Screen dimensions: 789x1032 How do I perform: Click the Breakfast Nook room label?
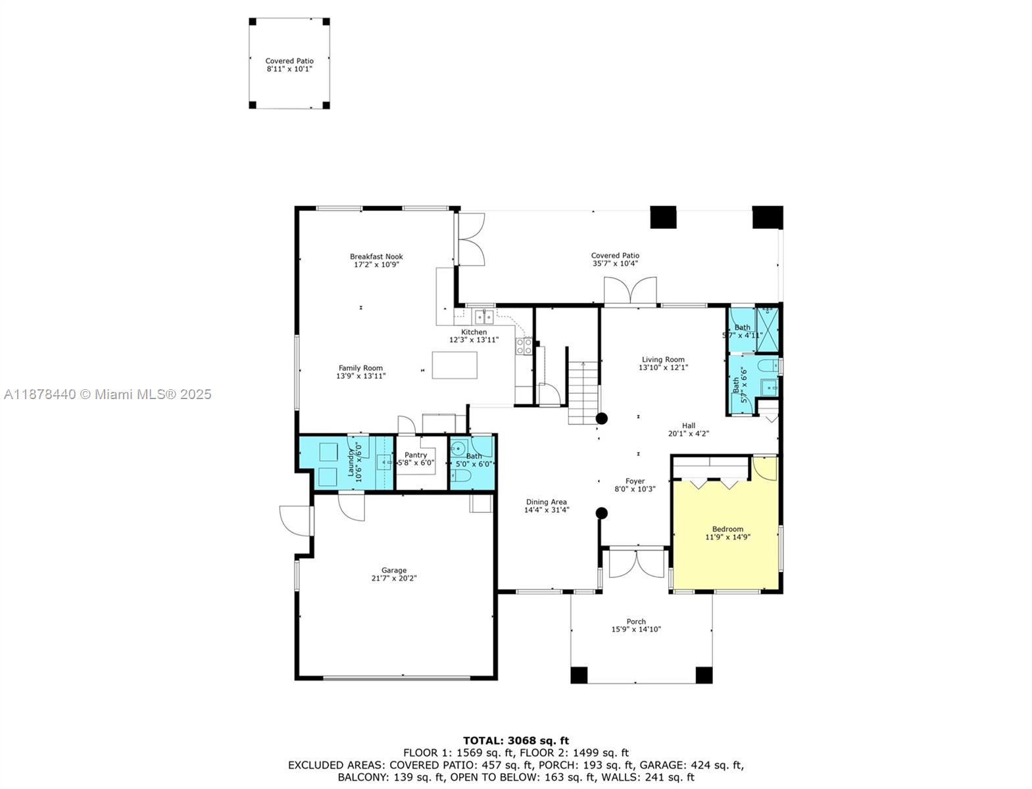coord(376,256)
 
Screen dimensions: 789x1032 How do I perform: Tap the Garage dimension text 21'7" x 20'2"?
coord(394,579)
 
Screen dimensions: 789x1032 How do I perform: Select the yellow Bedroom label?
coord(727,529)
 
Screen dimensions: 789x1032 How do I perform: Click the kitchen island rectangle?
coord(455,365)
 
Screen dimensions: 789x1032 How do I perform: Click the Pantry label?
coord(416,455)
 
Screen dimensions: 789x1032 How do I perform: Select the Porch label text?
coord(635,621)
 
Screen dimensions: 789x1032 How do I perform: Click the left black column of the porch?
coord(579,675)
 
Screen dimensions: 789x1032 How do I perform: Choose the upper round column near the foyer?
coord(601,418)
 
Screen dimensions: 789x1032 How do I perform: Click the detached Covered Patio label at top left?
coord(289,60)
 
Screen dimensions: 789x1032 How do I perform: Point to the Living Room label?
coord(663,360)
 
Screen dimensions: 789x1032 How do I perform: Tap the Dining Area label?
coord(546,502)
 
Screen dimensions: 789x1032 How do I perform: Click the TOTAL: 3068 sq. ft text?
coord(516,740)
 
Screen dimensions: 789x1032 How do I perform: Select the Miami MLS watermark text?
coord(107,394)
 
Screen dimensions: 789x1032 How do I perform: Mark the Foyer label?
coord(635,481)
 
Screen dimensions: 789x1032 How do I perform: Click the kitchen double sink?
coord(485,317)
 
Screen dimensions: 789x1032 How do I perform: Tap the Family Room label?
coord(360,368)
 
